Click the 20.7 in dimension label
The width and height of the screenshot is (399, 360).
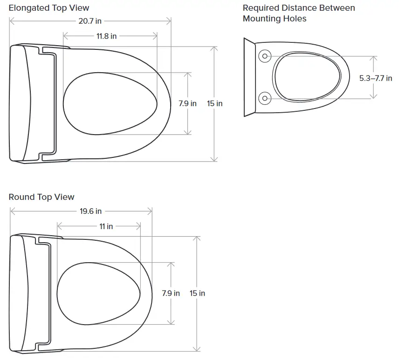89,21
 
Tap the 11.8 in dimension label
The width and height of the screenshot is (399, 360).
107,36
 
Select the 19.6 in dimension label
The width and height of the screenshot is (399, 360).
90,211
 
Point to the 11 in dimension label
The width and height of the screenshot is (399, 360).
106,226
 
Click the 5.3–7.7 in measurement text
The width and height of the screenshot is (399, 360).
375,78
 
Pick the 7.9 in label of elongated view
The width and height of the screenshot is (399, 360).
187,103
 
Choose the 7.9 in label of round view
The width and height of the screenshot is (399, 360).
171,293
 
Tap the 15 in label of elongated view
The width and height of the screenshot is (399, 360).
215,103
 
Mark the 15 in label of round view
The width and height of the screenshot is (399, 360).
198,293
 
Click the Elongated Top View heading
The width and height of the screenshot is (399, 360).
49,8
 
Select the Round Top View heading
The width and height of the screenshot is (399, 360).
41,197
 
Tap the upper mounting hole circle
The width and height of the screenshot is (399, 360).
265,56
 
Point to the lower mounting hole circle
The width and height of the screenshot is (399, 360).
265,98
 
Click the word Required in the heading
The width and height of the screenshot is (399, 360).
261,8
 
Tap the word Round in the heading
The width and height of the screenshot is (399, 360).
21,197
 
